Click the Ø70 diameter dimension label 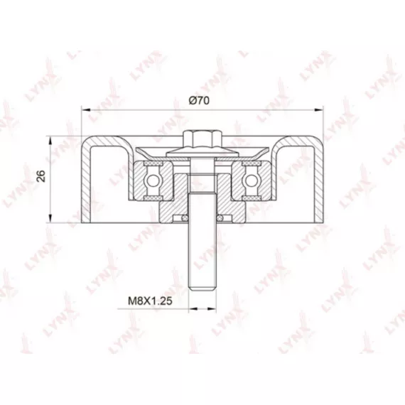point(199,100)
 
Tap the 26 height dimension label point(41,176)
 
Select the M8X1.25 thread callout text point(150,301)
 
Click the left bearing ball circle point(153,180)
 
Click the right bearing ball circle point(252,180)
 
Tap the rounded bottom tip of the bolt point(202,288)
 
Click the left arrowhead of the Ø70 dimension point(86,110)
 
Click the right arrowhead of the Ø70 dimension point(318,110)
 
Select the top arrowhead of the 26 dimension point(51,141)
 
